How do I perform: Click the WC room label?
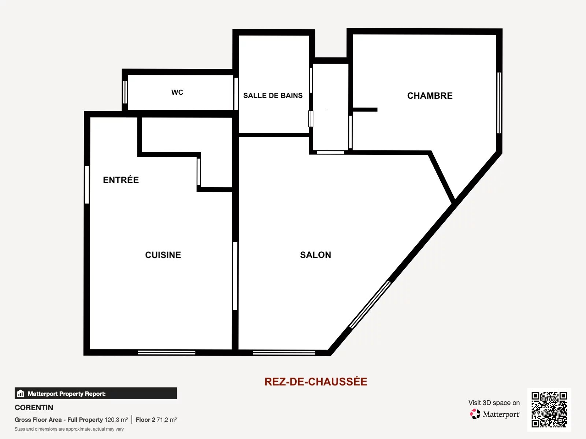pos(177,92)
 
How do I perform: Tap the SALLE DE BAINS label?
pos(273,95)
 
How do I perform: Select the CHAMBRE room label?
pos(430,96)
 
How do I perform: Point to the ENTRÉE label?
pos(121,180)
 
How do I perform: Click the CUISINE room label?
pos(163,255)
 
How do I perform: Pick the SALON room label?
pos(316,255)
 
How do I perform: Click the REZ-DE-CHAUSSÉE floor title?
pos(316,382)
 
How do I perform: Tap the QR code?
pos(549,410)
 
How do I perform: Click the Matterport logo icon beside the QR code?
pos(475,414)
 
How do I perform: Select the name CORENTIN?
pos(34,408)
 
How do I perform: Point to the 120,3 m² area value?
pos(116,420)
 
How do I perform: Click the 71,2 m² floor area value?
pos(167,420)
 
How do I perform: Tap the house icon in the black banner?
pos(21,393)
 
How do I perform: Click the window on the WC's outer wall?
pos(125,92)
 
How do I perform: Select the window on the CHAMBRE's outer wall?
pos(499,103)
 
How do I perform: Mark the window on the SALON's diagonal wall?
pos(370,304)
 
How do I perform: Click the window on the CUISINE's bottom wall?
pos(167,353)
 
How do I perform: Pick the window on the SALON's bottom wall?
pos(284,353)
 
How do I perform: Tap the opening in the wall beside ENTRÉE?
pos(87,185)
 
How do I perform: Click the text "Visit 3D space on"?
pos(494,403)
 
